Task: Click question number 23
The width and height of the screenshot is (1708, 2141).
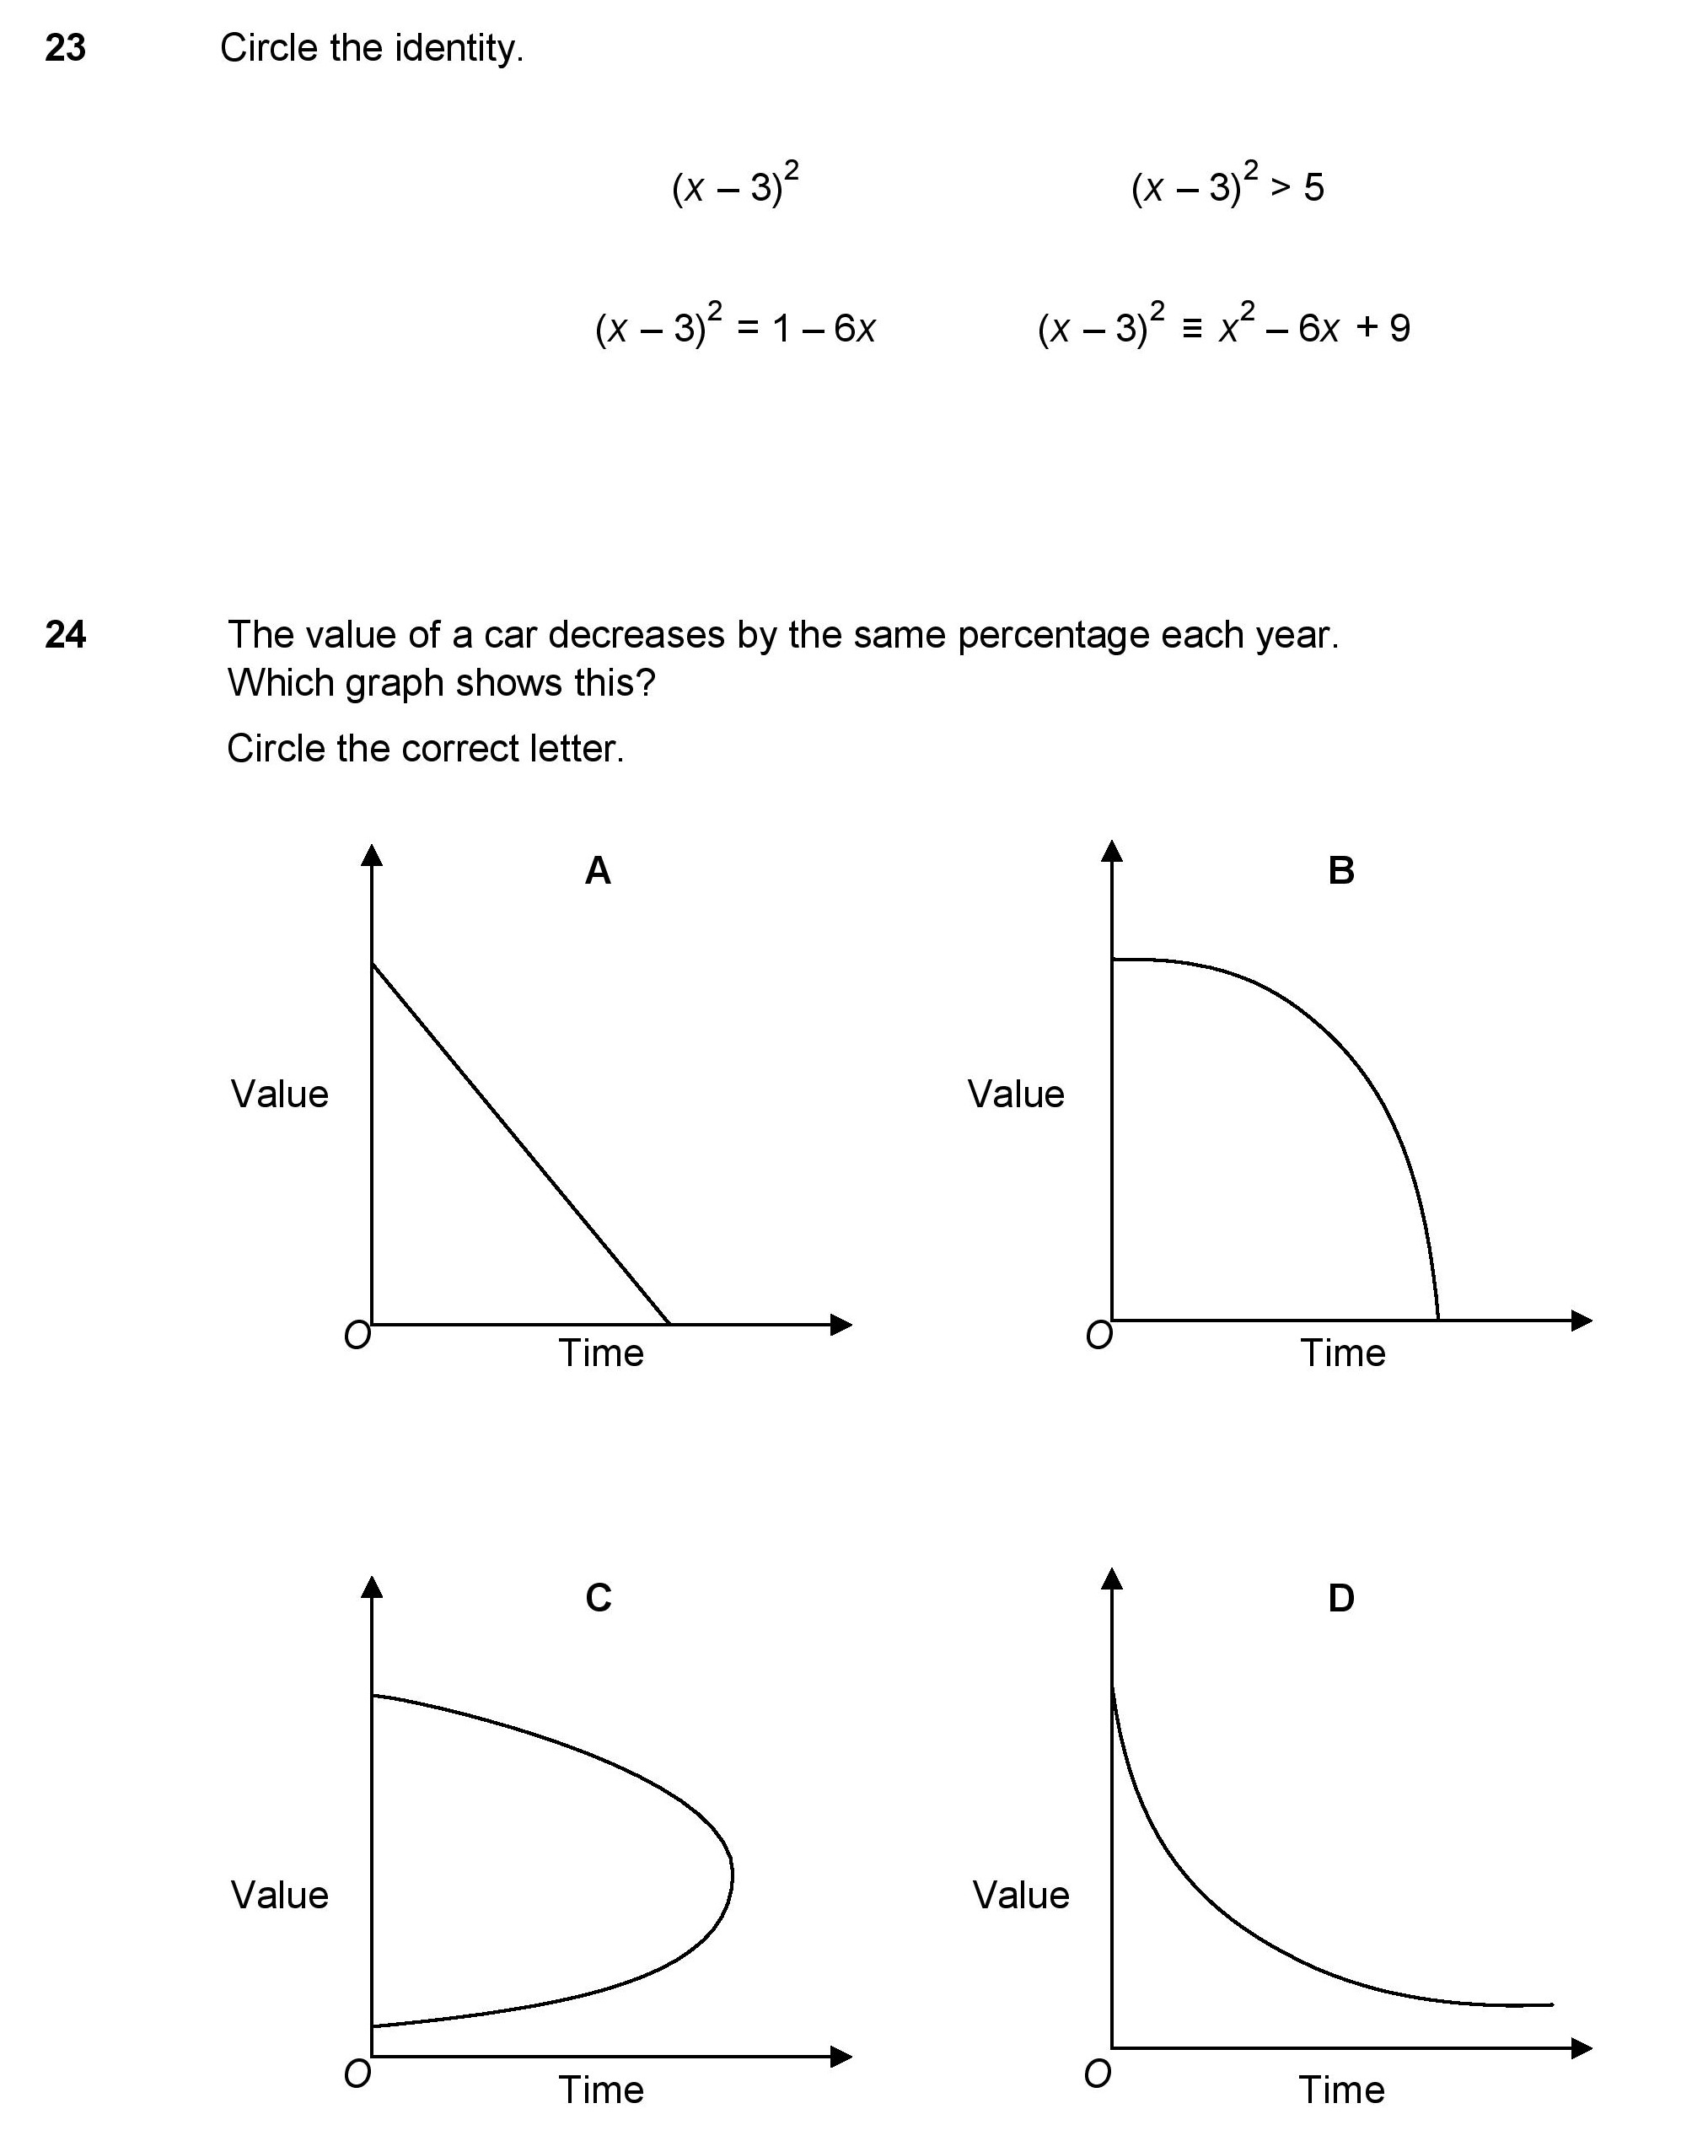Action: click(x=66, y=48)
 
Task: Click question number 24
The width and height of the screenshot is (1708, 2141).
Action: click(x=66, y=635)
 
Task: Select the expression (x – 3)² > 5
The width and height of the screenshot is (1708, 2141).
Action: click(x=1227, y=185)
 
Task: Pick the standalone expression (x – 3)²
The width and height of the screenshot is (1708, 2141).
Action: click(x=735, y=185)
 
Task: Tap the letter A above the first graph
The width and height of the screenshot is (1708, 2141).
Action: click(x=598, y=871)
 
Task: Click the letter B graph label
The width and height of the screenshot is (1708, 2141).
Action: click(x=1340, y=871)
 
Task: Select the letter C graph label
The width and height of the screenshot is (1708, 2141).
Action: click(x=598, y=1598)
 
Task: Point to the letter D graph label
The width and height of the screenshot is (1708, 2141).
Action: click(x=1340, y=1598)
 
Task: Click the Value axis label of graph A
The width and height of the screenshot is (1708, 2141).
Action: click(x=279, y=1095)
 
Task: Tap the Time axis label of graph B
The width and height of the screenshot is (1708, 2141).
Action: click(x=1343, y=1353)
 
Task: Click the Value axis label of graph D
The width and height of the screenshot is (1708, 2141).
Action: click(x=1021, y=1895)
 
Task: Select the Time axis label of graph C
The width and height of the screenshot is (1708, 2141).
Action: click(x=601, y=2090)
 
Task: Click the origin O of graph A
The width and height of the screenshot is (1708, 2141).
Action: click(x=357, y=1336)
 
